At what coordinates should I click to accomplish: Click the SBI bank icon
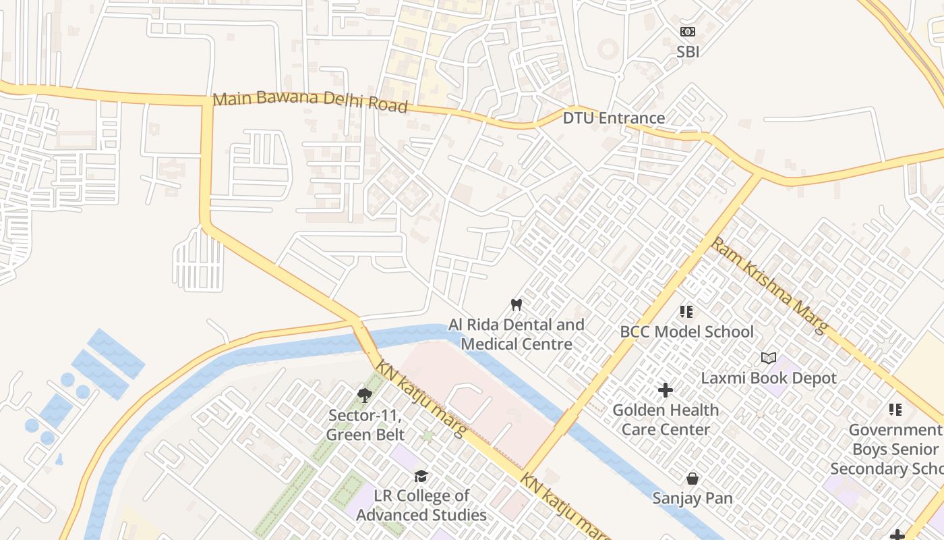point(687,32)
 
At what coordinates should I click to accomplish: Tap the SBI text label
point(687,51)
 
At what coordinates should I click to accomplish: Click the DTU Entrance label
point(614,118)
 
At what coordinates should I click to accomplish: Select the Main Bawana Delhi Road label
point(310,103)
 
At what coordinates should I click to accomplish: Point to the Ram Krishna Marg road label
point(769,284)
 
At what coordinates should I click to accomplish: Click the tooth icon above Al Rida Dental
point(517,304)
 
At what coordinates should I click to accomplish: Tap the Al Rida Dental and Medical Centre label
point(517,334)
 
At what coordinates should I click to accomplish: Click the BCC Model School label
point(686,331)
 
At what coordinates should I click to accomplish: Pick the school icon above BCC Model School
point(686,312)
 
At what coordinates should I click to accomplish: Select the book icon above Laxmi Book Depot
point(768,358)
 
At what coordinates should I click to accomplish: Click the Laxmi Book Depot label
point(768,378)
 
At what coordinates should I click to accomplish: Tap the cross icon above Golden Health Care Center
point(666,390)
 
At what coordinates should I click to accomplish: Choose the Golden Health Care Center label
point(666,419)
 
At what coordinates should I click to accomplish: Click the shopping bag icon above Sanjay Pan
point(692,479)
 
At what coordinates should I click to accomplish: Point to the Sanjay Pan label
point(692,498)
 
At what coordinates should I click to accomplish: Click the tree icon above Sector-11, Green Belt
point(365,395)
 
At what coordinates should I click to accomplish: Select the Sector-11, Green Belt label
point(365,425)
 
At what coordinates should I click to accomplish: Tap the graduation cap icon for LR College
point(421,476)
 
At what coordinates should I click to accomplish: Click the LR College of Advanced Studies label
point(421,505)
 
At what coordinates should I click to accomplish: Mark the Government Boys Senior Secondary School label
point(887,449)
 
